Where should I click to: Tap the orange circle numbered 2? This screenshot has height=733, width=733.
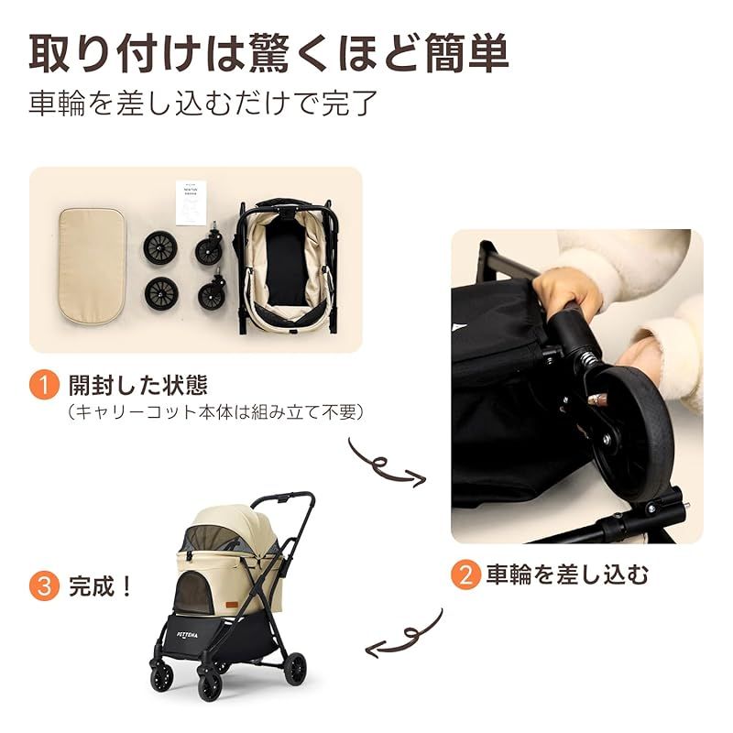(x=465, y=575)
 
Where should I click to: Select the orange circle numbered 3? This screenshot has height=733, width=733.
(x=44, y=585)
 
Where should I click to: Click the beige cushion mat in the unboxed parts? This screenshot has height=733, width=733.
(x=92, y=264)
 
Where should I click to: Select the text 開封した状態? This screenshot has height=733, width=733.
(x=138, y=384)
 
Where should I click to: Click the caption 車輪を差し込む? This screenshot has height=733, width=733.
(x=568, y=575)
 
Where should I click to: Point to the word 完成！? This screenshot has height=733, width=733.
(x=102, y=585)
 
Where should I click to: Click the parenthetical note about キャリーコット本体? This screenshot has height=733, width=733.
(x=216, y=413)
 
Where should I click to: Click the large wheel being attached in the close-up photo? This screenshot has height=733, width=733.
(x=632, y=431)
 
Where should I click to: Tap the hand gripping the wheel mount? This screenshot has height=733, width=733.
(x=568, y=293)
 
